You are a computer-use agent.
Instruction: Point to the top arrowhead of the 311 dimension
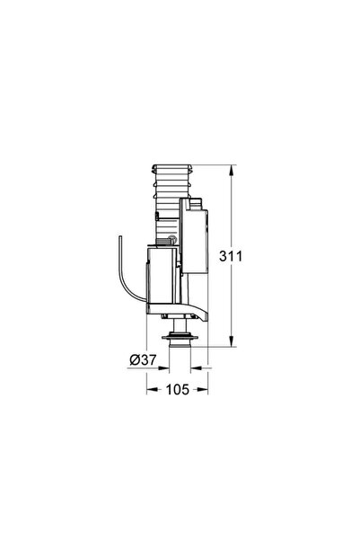pyautogui.click(x=232, y=169)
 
